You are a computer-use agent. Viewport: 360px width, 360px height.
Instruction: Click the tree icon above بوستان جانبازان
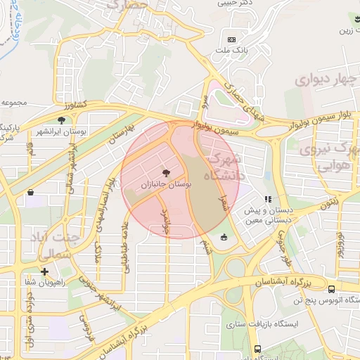(x=166, y=172)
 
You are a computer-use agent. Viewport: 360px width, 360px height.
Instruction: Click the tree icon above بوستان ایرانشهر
(x=62, y=120)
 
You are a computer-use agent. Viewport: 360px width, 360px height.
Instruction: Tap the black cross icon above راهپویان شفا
(x=44, y=271)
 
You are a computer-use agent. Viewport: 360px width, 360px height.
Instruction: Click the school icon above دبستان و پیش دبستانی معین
(x=266, y=200)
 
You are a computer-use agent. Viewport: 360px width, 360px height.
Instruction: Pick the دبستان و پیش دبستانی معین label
(x=266, y=215)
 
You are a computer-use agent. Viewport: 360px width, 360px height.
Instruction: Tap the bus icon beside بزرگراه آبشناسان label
(x=331, y=288)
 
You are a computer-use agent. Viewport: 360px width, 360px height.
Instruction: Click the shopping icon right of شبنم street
(x=224, y=237)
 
